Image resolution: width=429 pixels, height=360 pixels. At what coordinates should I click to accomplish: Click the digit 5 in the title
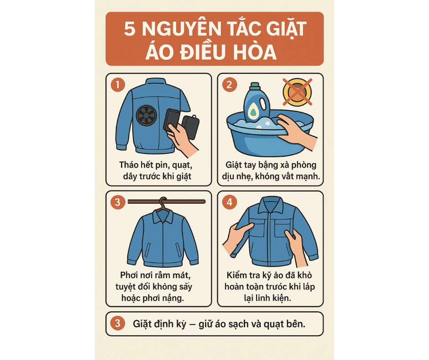pyautogui.click(x=130, y=28)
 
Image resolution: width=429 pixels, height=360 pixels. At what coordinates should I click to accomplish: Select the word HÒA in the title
pyautogui.click(x=255, y=52)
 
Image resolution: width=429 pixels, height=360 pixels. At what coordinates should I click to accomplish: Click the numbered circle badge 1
pyautogui.click(x=118, y=85)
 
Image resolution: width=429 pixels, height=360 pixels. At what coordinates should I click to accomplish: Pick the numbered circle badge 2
pyautogui.click(x=230, y=85)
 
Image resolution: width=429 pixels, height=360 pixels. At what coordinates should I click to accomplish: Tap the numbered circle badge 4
pyautogui.click(x=230, y=202)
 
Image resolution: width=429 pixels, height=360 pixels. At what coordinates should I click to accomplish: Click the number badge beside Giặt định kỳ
pyautogui.click(x=118, y=323)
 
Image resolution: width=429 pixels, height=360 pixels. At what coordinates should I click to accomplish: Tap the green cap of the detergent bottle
pyautogui.click(x=255, y=86)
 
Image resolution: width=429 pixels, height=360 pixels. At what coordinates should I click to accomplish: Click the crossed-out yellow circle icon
pyautogui.click(x=298, y=92)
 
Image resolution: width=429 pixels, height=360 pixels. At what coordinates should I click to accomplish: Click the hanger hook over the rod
pyautogui.click(x=163, y=202)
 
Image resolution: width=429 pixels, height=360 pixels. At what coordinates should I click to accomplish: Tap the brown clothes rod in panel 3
pyautogui.click(x=167, y=201)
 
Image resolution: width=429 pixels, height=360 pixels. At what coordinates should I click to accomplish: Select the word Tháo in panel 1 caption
pyautogui.click(x=129, y=165)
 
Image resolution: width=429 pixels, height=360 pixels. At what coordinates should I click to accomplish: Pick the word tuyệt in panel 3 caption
pyautogui.click(x=126, y=287)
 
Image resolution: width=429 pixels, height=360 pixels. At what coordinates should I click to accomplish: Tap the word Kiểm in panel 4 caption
pyautogui.click(x=237, y=275)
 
